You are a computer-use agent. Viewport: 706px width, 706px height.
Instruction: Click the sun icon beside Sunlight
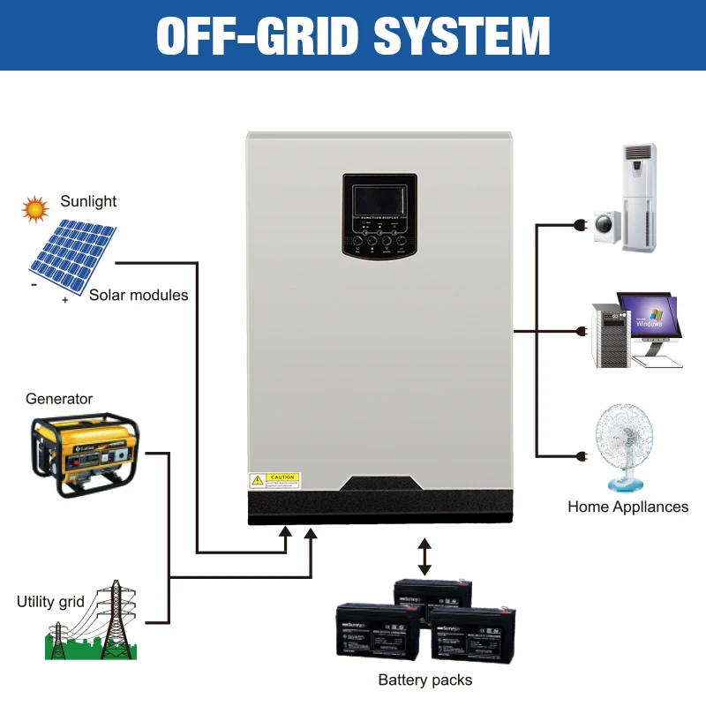(x=35, y=209)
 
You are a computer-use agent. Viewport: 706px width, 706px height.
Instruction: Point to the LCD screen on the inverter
(x=379, y=203)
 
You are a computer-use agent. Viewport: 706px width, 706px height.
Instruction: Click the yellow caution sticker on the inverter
(x=274, y=481)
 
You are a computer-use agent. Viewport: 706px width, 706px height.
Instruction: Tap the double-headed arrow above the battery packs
(x=424, y=557)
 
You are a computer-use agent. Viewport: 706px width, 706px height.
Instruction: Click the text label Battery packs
(x=424, y=680)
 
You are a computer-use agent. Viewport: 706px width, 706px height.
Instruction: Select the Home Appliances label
(x=627, y=507)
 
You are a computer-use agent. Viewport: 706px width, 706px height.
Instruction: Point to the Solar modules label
(x=139, y=295)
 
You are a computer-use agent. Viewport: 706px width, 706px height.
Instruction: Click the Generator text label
(x=59, y=399)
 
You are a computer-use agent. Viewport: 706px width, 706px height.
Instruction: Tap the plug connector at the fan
(x=581, y=456)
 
